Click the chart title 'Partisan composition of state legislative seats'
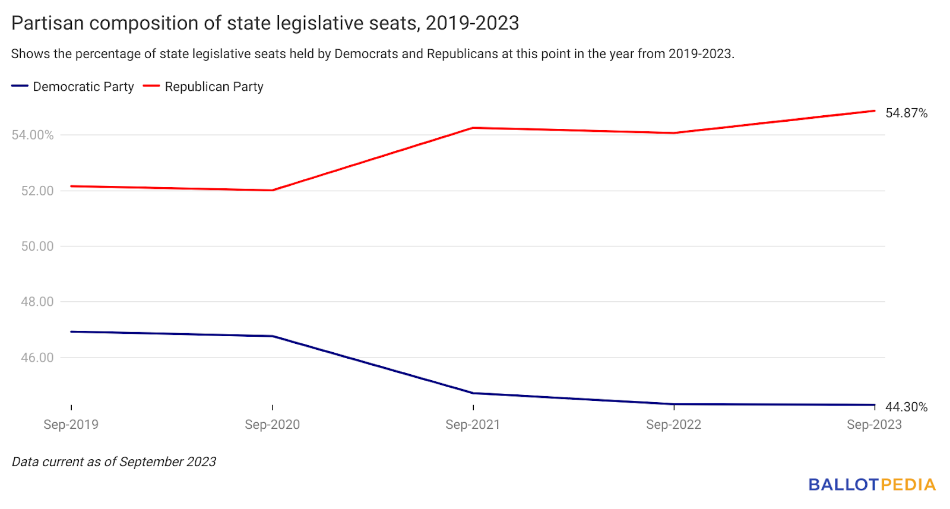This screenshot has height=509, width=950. click(265, 23)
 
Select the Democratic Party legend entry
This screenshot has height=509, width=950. click(73, 87)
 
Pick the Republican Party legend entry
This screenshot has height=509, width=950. click(204, 87)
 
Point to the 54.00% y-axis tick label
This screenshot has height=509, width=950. click(33, 135)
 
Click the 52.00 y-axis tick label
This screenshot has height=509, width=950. click(37, 191)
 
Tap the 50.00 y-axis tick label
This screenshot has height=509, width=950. click(37, 246)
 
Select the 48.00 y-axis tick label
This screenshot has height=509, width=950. click(37, 302)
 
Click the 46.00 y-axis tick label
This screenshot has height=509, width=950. click(37, 358)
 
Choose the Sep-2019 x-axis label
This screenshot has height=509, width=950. click(71, 425)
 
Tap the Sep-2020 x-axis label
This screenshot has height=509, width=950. click(272, 425)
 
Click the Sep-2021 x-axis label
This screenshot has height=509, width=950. click(473, 425)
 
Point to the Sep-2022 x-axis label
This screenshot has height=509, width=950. click(673, 425)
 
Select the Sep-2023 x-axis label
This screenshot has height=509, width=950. click(874, 425)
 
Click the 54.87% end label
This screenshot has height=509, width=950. click(906, 113)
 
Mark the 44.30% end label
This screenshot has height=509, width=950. click(906, 407)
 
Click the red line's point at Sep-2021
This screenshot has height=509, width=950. click(473, 128)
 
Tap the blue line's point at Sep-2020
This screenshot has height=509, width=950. click(273, 336)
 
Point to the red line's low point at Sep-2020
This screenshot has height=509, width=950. click(273, 190)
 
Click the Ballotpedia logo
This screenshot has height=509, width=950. click(872, 485)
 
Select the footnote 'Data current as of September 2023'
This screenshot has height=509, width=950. click(114, 462)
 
